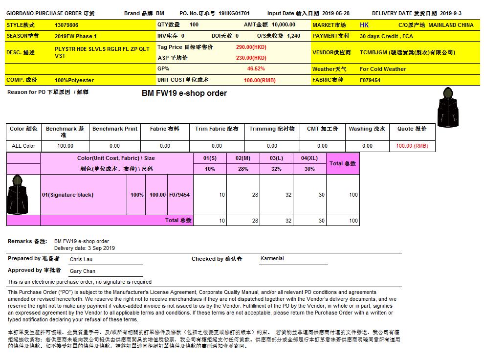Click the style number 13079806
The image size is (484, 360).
click(x=66, y=25)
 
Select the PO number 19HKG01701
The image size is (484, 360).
click(x=234, y=14)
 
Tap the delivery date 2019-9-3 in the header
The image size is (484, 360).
click(x=450, y=14)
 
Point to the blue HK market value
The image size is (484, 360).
click(x=364, y=25)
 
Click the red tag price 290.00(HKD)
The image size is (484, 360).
click(x=251, y=47)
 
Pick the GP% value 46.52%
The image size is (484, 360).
click(x=256, y=69)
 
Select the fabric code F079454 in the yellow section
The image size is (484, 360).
click(x=370, y=80)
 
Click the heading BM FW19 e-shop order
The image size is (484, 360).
click(x=184, y=93)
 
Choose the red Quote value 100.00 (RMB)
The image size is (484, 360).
click(x=412, y=146)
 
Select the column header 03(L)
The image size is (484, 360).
click(x=276, y=158)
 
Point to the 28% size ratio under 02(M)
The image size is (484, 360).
click(x=243, y=169)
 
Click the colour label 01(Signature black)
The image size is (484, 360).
click(x=67, y=195)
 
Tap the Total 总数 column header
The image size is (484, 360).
click(x=343, y=163)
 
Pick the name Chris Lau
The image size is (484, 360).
click(x=81, y=259)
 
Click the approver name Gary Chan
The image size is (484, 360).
click(x=82, y=271)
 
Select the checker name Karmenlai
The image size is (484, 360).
click(x=273, y=258)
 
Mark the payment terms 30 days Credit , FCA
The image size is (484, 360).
click(x=386, y=36)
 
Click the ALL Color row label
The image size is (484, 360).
click(x=23, y=146)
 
